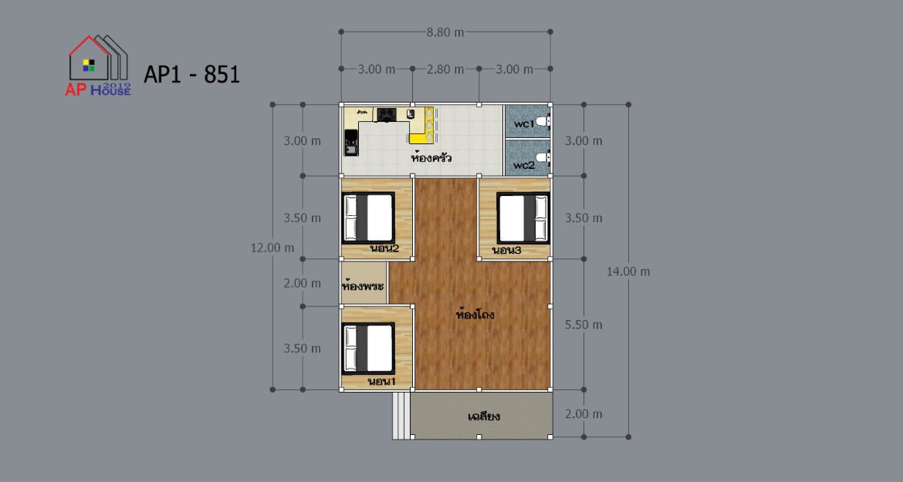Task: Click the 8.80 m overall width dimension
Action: click(x=445, y=32)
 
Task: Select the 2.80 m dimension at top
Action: click(x=445, y=69)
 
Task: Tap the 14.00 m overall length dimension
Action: click(x=627, y=271)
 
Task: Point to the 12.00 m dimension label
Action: click(x=272, y=248)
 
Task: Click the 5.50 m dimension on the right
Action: click(x=583, y=325)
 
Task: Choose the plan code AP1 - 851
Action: click(x=191, y=74)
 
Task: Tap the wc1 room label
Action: click(x=524, y=123)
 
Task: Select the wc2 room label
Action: click(x=524, y=165)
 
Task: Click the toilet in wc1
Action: click(x=543, y=122)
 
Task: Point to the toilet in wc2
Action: click(x=543, y=157)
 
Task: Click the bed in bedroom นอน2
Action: click(x=369, y=218)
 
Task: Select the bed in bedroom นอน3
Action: click(x=523, y=218)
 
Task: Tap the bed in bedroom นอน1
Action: click(x=369, y=349)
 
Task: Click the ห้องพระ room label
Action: click(x=363, y=285)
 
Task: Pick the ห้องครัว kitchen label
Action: click(x=431, y=157)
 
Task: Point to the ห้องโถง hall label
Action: click(x=475, y=314)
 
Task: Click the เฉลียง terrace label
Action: click(x=484, y=416)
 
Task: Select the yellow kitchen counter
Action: click(x=421, y=126)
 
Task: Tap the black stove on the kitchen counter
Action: click(x=386, y=114)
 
